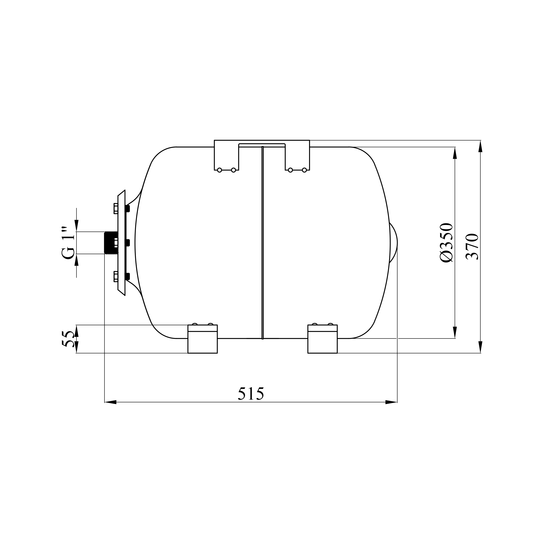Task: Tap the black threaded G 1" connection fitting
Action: pyautogui.click(x=111, y=243)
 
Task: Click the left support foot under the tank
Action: pyautogui.click(x=202, y=339)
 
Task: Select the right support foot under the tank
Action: pyautogui.click(x=322, y=339)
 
